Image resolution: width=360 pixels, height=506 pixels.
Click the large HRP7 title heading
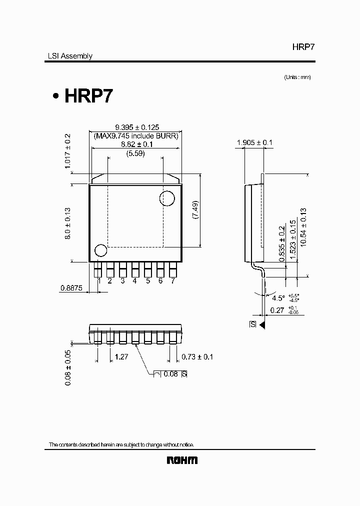(88, 96)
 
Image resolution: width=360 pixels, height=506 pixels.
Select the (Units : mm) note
(297, 77)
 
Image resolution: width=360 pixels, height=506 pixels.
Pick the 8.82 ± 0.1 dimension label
(136, 144)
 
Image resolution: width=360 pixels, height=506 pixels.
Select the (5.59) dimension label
(135, 153)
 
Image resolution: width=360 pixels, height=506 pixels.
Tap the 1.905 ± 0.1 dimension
(254, 142)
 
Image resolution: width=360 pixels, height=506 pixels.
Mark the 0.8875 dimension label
(71, 287)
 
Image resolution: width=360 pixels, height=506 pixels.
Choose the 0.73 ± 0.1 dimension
(197, 357)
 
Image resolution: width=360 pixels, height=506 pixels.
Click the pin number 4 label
(135, 281)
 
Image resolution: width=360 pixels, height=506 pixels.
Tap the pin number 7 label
(173, 281)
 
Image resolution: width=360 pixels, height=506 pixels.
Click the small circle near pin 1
(100, 251)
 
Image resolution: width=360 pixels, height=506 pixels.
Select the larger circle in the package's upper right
(167, 198)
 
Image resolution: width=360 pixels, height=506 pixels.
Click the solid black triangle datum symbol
(262, 324)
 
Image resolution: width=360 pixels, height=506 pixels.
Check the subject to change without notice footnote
(121, 444)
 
